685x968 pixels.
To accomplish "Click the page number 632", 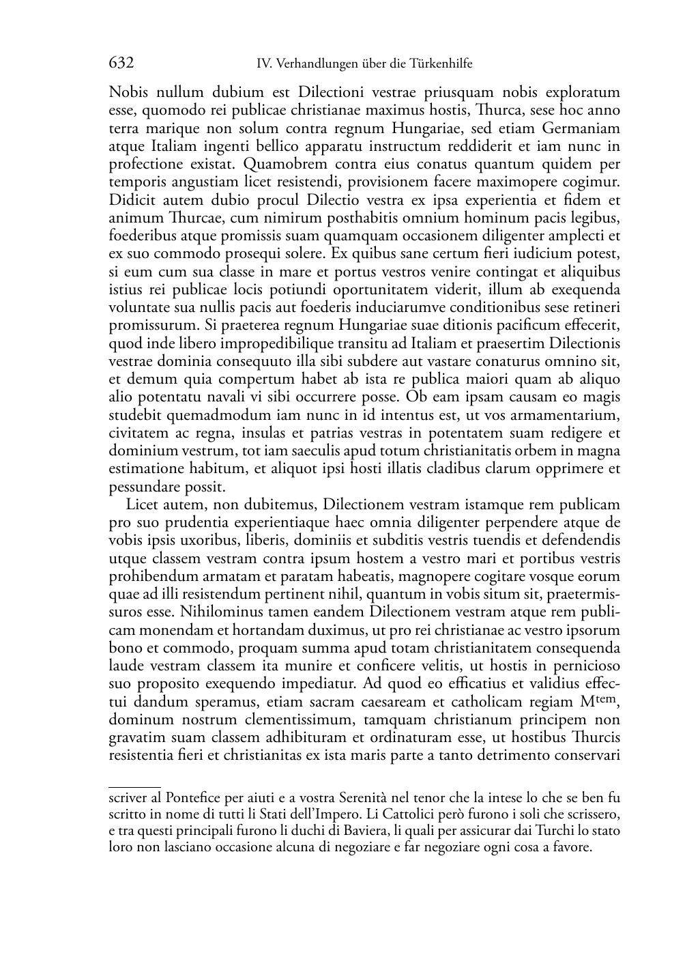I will [x=121, y=63].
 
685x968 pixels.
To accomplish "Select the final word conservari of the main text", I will [x=586, y=756].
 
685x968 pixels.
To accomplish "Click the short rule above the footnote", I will [x=134, y=787].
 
